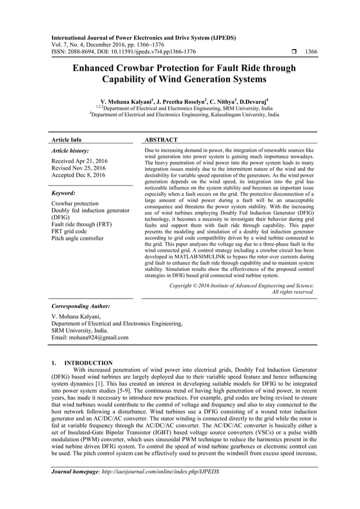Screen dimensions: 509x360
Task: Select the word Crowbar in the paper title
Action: coord(129,68)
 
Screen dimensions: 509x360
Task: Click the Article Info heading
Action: coord(66,139)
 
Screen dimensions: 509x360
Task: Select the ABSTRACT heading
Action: coord(162,139)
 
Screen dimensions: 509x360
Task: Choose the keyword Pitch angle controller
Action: coord(77,238)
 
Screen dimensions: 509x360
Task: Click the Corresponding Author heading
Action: coord(80,306)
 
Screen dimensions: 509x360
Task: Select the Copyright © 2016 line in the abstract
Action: coord(242,286)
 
